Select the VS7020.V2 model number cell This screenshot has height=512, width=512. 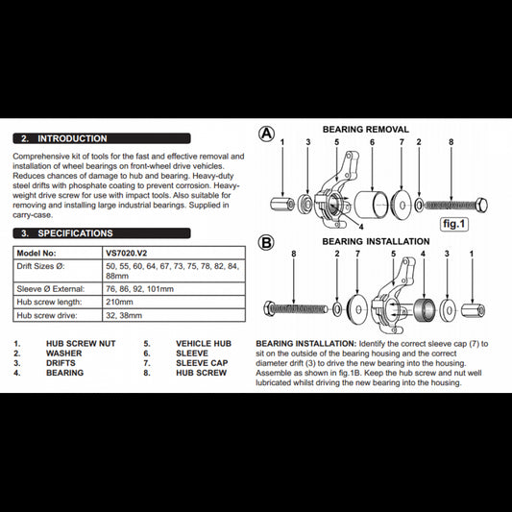coord(174,253)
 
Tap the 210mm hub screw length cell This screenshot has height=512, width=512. coord(174,302)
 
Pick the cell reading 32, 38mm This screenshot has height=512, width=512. coord(174,315)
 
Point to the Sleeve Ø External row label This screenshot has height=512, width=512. coord(51,289)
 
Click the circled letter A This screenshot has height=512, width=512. coord(266,134)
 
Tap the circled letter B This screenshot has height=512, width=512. coord(266,243)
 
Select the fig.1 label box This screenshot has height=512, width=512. coord(453,224)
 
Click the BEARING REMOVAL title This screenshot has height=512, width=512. coord(366,130)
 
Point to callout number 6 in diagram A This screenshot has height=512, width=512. coord(373,142)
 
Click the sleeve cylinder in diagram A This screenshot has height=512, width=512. coord(372,205)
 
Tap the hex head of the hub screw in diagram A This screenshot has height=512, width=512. coord(481,206)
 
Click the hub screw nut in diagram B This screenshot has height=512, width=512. coord(473,310)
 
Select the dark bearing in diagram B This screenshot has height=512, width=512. coord(425,309)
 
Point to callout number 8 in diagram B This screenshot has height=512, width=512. coord(294,254)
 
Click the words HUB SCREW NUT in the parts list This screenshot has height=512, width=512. coord(81,344)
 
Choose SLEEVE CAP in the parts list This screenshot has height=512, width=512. coord(202,363)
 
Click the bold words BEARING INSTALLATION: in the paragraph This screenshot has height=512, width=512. coord(306,344)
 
